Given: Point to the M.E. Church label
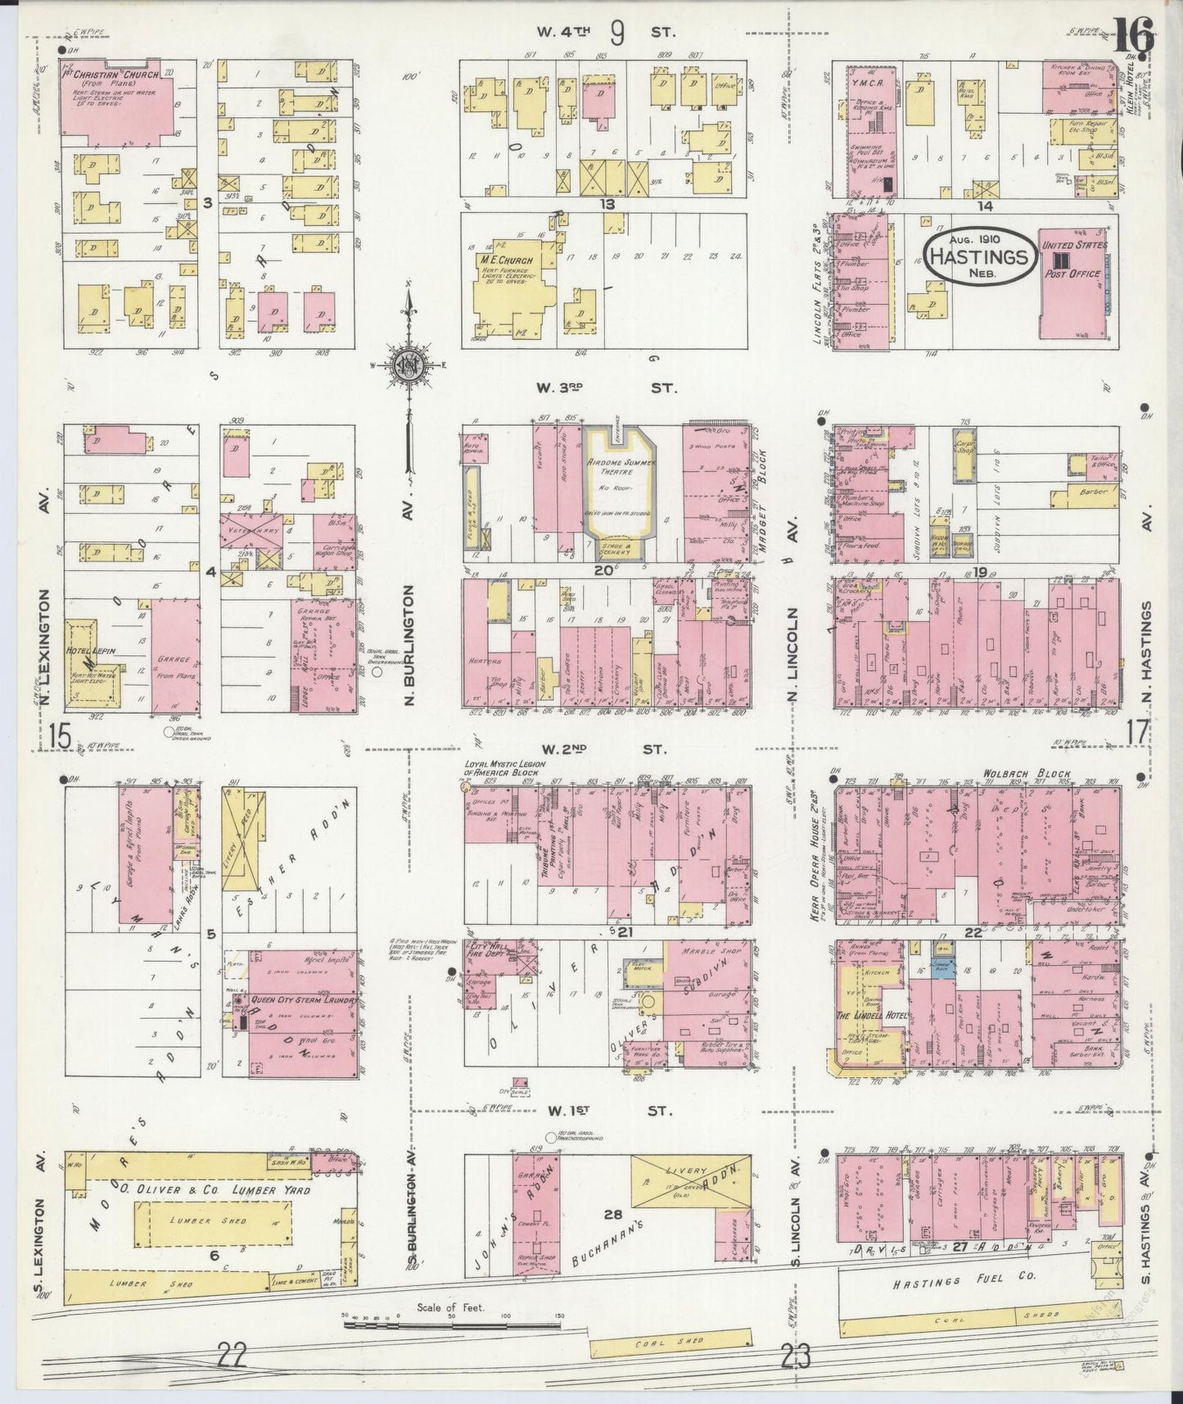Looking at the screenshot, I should tap(508, 260).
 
